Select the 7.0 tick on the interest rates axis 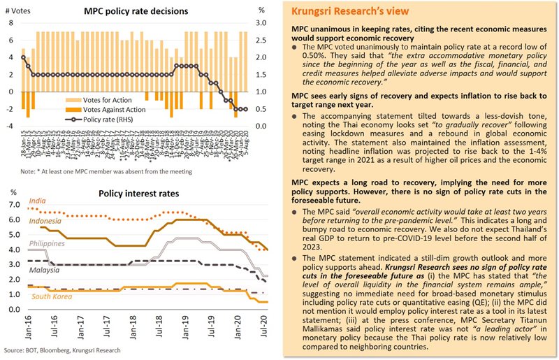[14, 203]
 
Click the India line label [40, 201]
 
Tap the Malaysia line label [44, 269]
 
